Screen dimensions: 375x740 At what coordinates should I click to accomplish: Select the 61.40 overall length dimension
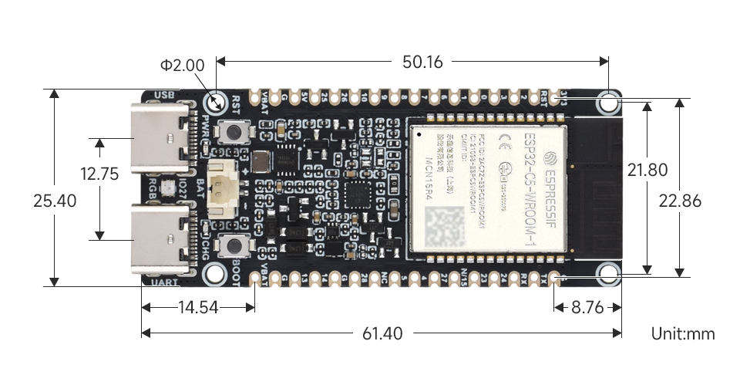382,333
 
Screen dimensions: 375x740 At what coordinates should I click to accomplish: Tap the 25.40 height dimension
55,201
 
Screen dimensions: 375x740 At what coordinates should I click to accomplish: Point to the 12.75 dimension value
99,174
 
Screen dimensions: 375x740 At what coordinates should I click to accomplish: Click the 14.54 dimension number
197,307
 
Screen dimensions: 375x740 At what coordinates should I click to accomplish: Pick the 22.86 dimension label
680,201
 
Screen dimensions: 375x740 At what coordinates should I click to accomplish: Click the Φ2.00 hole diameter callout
183,66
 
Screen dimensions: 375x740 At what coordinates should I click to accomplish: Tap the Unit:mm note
683,333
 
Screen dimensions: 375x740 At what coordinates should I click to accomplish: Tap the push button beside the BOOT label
232,246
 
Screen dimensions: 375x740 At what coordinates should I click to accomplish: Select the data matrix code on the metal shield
446,227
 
